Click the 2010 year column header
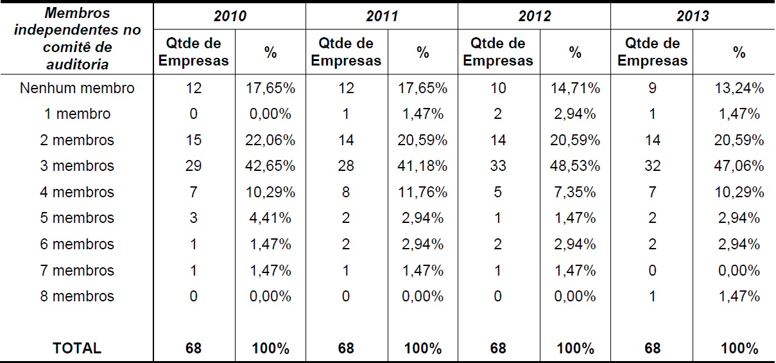coord(230,16)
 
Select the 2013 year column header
coord(693,16)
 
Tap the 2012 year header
coord(535,16)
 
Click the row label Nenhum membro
coord(77,88)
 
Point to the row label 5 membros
coord(77,218)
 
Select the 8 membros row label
coord(77,296)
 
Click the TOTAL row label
coord(77,348)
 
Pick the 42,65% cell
coord(270,166)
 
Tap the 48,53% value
coord(575,166)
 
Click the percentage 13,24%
coord(739,88)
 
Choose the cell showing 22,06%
coord(270,140)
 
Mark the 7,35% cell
coord(575,192)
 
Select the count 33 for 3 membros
coord(497,166)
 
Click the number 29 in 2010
coord(193,166)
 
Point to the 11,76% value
coord(422,192)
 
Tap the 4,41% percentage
coord(270,218)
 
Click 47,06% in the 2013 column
coord(739,166)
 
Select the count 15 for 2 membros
coord(193,140)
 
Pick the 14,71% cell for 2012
coord(575,88)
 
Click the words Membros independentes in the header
coord(77,22)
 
